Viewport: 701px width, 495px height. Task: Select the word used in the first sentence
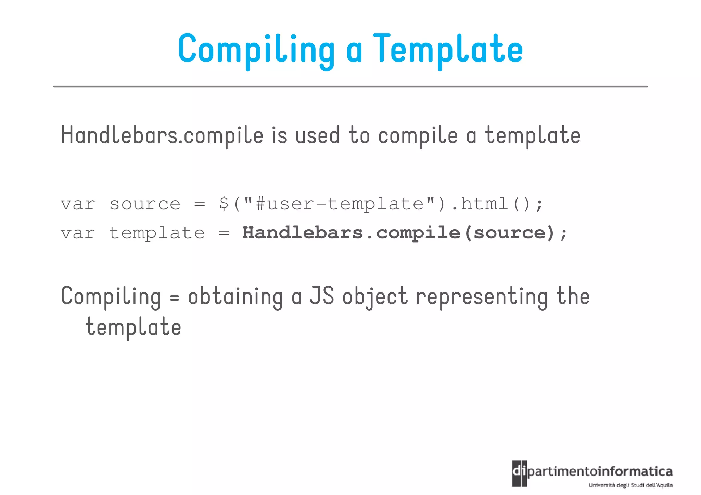317,135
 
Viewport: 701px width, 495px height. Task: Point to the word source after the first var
145,205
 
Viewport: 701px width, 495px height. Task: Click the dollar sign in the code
224,204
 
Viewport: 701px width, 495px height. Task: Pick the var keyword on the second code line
78,234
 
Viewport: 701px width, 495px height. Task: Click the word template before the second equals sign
157,234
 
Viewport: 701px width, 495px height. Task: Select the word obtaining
235,297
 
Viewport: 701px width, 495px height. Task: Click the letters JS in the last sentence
321,296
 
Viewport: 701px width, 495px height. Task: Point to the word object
375,297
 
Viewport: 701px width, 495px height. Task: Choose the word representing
482,297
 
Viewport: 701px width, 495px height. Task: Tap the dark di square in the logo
519,473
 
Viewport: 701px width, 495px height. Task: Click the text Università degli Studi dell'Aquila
630,485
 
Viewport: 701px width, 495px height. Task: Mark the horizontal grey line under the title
350,87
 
